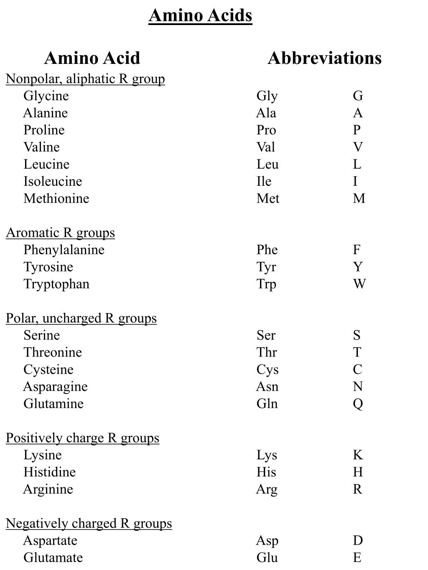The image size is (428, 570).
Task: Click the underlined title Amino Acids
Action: [200, 15]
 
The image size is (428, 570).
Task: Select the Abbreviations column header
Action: [324, 58]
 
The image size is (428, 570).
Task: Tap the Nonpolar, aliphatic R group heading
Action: [85, 79]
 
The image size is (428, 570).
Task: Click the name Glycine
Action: [46, 96]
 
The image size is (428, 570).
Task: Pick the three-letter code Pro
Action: [266, 130]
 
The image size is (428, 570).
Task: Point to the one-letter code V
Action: [358, 147]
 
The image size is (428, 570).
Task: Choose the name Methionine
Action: [56, 198]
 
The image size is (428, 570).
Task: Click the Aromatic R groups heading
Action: [60, 233]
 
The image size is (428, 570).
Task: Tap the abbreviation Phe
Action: [267, 250]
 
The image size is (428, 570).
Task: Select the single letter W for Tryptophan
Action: [359, 284]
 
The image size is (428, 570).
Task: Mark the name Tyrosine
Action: [48, 267]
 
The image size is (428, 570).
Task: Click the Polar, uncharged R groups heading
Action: [81, 318]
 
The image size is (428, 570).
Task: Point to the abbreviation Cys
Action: [267, 370]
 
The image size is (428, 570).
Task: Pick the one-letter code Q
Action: [358, 404]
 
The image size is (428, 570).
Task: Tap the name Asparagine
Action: [55, 387]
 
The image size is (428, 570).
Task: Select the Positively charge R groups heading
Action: [82, 438]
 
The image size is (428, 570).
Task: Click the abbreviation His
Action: [266, 472]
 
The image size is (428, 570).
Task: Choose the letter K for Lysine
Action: [358, 455]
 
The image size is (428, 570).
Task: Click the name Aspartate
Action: [50, 541]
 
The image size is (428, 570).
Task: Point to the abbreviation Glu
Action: [267, 558]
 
